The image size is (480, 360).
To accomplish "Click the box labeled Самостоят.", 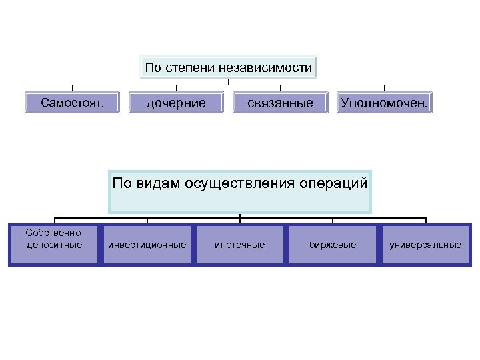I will pyautogui.click(x=72, y=103).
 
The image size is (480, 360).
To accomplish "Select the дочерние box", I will pyautogui.click(x=176, y=103).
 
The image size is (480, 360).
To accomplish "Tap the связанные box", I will pyautogui.click(x=280, y=103).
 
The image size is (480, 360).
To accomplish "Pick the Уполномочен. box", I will pyautogui.click(x=384, y=103).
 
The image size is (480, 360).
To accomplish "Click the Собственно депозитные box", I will pyautogui.click(x=54, y=245).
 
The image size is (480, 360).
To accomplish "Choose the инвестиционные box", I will pyautogui.click(x=147, y=245).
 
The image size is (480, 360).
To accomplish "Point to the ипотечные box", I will pyautogui.click(x=239, y=245).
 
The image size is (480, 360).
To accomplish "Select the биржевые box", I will pyautogui.click(x=332, y=245).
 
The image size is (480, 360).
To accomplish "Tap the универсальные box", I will pyautogui.click(x=425, y=245).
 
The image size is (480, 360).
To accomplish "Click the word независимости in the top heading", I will pyautogui.click(x=269, y=67).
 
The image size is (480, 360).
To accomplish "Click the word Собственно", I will pyautogui.click(x=53, y=233).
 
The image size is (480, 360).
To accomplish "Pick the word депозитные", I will pyautogui.click(x=55, y=245).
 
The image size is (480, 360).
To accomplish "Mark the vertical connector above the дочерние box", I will pyautogui.click(x=176, y=88).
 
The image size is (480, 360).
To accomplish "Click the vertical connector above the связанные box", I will pyautogui.click(x=280, y=88).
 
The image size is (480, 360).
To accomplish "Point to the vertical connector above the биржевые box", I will pyautogui.click(x=332, y=220).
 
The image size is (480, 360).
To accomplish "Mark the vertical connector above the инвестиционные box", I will pyautogui.click(x=147, y=220).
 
